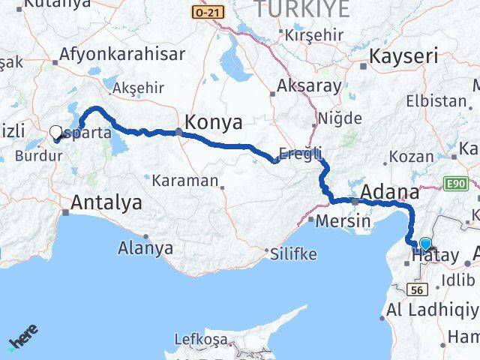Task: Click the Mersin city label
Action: pos(343,221)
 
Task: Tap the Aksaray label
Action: pos(308,85)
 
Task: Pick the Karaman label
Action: pos(184,181)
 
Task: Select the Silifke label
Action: pos(294,253)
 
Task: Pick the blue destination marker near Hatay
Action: pos(426,244)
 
